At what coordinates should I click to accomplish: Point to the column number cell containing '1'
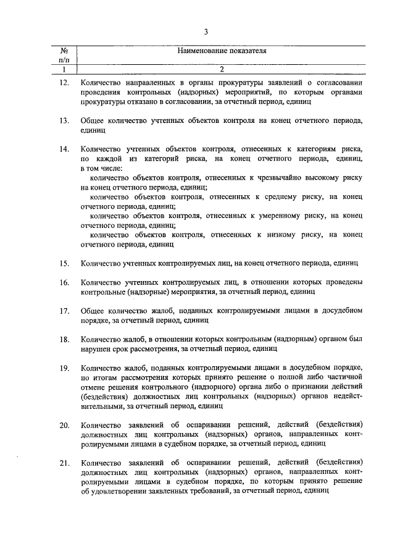pos(64,70)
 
